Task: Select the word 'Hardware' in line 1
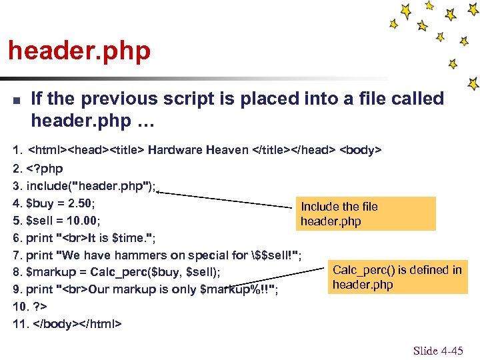click(x=175, y=150)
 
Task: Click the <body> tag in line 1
click(x=361, y=150)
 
